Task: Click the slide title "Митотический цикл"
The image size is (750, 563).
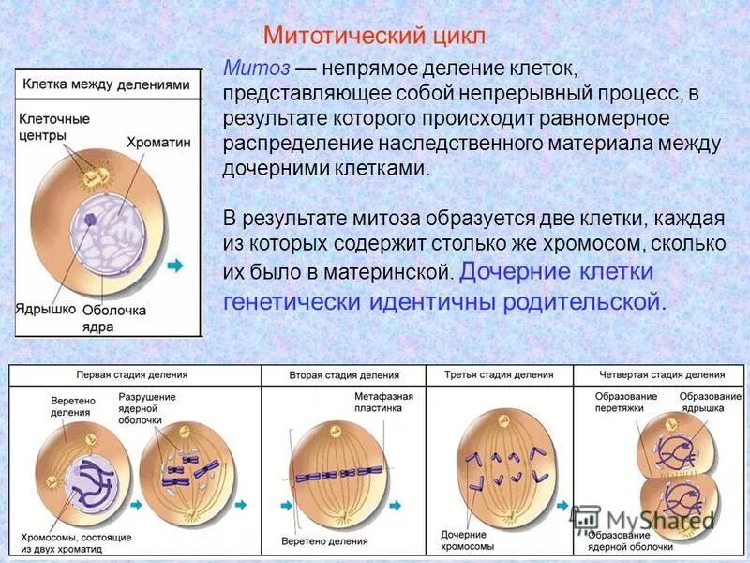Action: click(x=374, y=37)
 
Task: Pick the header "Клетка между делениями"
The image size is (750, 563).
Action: click(x=107, y=84)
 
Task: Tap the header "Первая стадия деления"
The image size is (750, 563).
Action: click(x=131, y=374)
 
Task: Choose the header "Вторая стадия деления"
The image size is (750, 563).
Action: click(x=344, y=374)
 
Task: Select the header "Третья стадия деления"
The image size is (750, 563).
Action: click(x=499, y=374)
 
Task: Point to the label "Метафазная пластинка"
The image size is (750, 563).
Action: click(x=378, y=403)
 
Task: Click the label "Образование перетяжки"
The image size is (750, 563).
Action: click(x=625, y=403)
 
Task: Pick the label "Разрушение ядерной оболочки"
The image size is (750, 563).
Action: click(x=147, y=408)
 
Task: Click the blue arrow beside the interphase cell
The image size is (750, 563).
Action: click(x=175, y=266)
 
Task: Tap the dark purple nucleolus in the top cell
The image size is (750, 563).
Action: click(x=91, y=220)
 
